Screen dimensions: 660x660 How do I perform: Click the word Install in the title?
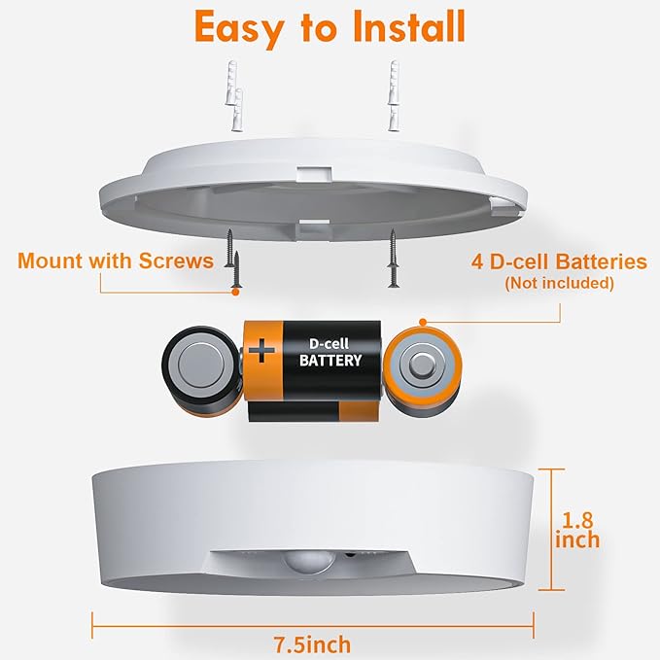403,28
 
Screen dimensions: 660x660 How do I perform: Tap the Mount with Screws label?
115,261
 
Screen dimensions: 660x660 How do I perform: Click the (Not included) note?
559,283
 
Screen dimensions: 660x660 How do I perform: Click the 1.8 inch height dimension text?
576,529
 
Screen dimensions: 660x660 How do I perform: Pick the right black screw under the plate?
394,258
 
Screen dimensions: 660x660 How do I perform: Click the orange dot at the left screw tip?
235,290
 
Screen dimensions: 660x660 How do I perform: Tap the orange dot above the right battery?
423,321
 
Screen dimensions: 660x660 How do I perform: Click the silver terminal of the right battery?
423,365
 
